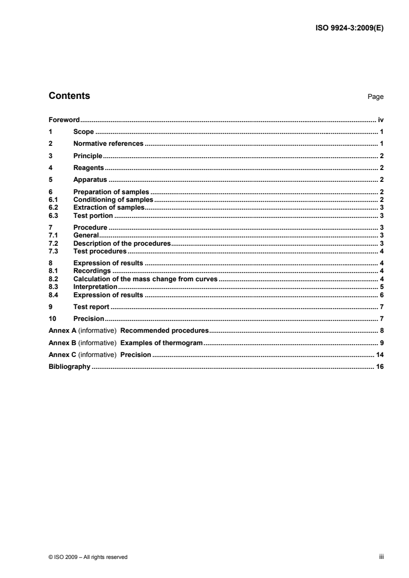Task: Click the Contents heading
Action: pos(69,96)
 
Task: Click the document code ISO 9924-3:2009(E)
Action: pos(349,28)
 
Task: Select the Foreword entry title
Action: pos(63,119)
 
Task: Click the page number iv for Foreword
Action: pos(380,119)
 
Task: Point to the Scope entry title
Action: pos(84,132)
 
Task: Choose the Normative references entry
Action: pos(108,144)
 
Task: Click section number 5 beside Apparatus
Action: pos(50,180)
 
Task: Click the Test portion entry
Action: pos(93,215)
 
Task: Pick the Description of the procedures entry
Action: pos(122,243)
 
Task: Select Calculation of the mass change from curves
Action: pos(145,279)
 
